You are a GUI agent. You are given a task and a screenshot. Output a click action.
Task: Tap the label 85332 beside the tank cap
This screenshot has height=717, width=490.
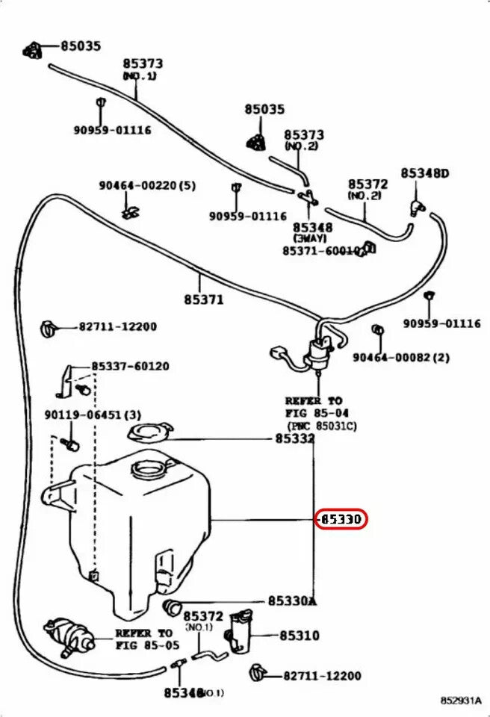294,440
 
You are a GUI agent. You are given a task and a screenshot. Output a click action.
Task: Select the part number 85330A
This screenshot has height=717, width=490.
293,601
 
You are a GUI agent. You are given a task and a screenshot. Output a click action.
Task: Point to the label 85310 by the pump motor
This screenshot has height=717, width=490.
300,636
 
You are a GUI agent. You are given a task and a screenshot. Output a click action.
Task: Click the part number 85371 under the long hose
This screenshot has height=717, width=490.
203,300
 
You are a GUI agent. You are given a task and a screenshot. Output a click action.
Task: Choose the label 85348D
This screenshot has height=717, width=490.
424,173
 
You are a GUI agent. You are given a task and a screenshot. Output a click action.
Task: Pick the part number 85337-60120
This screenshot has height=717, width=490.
130,366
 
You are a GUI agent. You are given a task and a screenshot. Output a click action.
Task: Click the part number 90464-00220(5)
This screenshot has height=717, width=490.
147,185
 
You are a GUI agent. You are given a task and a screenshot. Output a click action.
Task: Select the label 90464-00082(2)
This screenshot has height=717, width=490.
401,358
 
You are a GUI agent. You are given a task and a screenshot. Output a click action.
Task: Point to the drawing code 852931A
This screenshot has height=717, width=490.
460,701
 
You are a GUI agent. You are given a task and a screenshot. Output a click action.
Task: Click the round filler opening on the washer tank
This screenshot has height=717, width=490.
148,470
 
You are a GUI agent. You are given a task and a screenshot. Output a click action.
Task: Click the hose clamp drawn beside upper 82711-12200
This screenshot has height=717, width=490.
49,326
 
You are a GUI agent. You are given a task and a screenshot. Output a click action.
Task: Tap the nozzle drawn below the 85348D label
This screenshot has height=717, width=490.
415,202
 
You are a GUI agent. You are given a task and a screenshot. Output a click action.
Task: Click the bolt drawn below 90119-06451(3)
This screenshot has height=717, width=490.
72,444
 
